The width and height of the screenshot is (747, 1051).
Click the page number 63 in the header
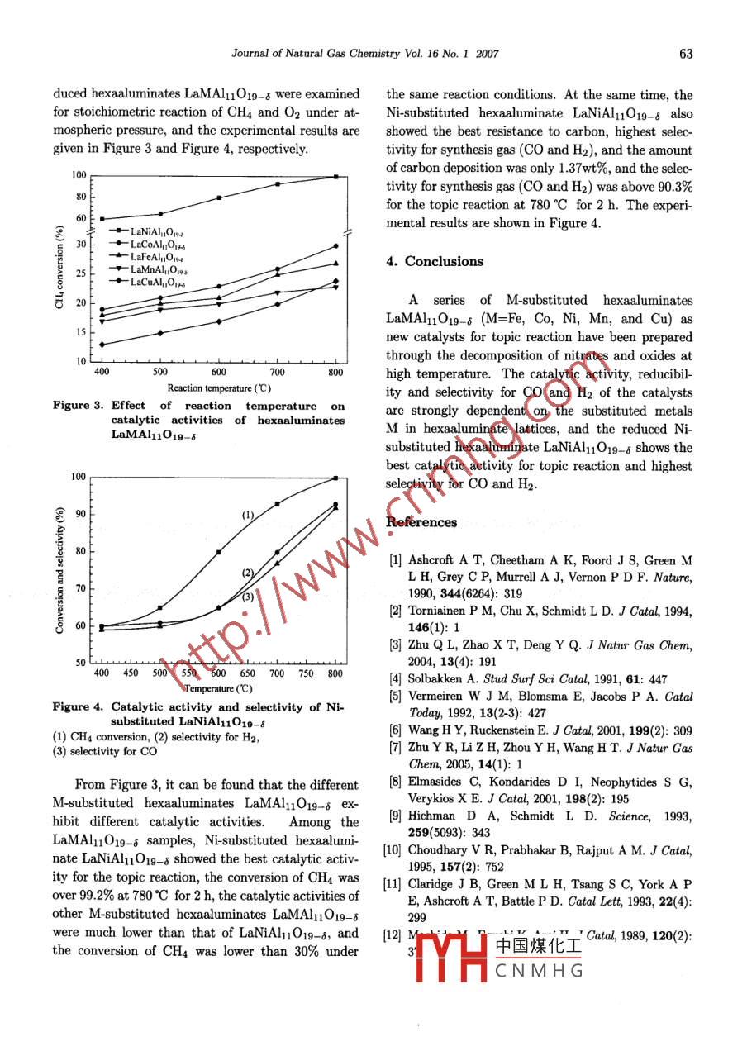click(x=685, y=55)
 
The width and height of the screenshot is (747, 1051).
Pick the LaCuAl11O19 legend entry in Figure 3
click(x=158, y=282)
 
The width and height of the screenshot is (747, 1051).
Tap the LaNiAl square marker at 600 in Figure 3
click(x=219, y=197)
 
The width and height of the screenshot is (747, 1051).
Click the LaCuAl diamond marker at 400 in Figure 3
click(x=102, y=345)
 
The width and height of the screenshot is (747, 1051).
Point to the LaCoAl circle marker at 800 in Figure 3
click(x=335, y=246)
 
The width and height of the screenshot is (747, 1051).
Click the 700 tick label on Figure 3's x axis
click(x=277, y=373)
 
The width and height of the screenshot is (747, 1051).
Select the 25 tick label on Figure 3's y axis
click(x=80, y=273)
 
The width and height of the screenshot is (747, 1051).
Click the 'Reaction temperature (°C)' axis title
click(x=219, y=388)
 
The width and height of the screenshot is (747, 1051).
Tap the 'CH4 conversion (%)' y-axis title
click(x=60, y=269)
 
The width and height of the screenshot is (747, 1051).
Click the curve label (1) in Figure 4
click(x=247, y=515)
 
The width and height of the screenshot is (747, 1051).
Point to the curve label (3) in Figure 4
click(x=247, y=597)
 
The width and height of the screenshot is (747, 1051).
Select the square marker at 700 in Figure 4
click(x=277, y=504)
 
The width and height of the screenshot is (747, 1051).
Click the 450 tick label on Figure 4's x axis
click(x=131, y=673)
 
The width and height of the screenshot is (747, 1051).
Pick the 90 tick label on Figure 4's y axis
click(x=80, y=514)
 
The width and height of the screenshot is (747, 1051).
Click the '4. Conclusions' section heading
click(x=435, y=262)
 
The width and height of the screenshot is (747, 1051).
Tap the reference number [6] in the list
click(x=395, y=730)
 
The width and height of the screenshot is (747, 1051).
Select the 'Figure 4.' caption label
click(x=78, y=707)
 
